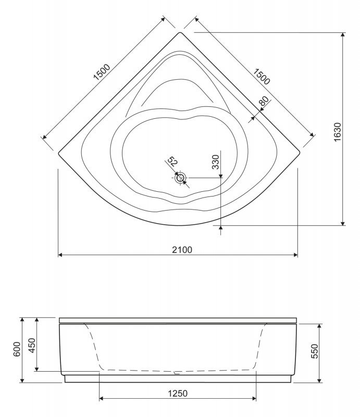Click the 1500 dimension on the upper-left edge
tap(102, 71)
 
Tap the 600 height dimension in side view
tap(17, 349)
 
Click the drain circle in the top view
tap(180, 178)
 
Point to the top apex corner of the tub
tap(180, 33)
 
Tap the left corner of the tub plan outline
tap(59, 153)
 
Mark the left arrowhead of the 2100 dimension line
tap(59, 255)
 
